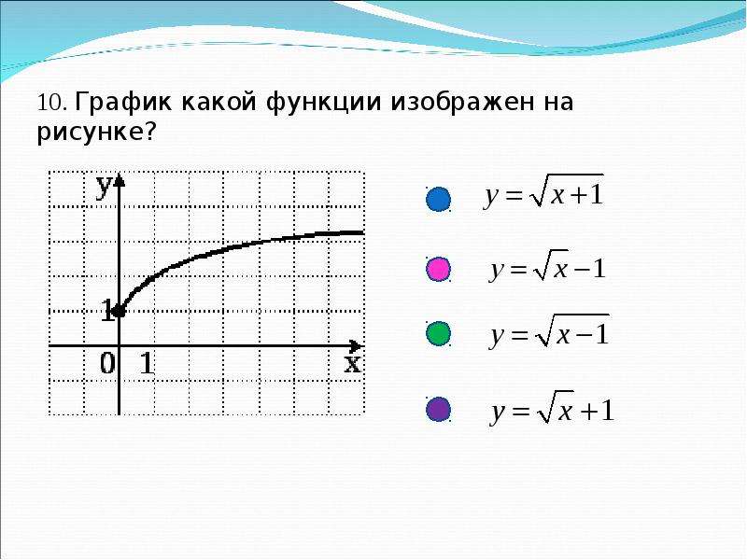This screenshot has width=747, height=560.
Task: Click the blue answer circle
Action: [438, 199]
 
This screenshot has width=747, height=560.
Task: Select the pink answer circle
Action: [438, 269]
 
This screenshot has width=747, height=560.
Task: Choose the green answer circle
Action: [438, 333]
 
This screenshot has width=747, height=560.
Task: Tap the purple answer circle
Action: [438, 409]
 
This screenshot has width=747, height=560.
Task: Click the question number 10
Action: [49, 103]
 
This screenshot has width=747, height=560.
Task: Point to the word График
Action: [122, 103]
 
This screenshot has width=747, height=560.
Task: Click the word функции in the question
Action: [324, 103]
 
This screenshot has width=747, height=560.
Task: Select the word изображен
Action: [462, 103]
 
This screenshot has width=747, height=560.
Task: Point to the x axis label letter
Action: [353, 364]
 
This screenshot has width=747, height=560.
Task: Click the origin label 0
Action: [107, 364]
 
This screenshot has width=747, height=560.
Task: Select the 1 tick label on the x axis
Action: [147, 364]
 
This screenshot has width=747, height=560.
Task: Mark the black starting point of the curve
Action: [120, 312]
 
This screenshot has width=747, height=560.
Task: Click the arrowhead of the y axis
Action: [120, 180]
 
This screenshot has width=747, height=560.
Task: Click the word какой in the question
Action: [218, 103]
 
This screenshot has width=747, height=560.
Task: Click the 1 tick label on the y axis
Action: [107, 311]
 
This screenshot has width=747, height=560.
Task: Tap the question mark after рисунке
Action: [149, 130]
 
